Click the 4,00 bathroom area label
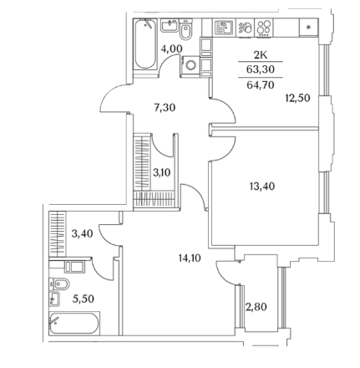[171, 49]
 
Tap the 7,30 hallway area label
[165, 107]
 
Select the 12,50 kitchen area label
[297, 98]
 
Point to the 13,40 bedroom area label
[262, 186]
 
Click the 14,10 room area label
[190, 258]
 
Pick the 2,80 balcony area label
[256, 307]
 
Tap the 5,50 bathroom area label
[84, 299]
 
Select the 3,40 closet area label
[82, 233]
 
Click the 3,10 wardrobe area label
[162, 173]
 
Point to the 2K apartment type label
[261, 55]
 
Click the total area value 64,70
[261, 84]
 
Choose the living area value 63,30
[261, 69]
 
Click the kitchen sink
[224, 28]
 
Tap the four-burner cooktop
[264, 28]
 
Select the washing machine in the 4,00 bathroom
[191, 65]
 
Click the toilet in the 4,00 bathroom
[185, 29]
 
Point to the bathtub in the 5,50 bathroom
[74, 324]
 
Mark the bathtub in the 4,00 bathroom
[145, 43]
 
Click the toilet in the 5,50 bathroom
[59, 284]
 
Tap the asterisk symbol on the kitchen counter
[308, 27]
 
